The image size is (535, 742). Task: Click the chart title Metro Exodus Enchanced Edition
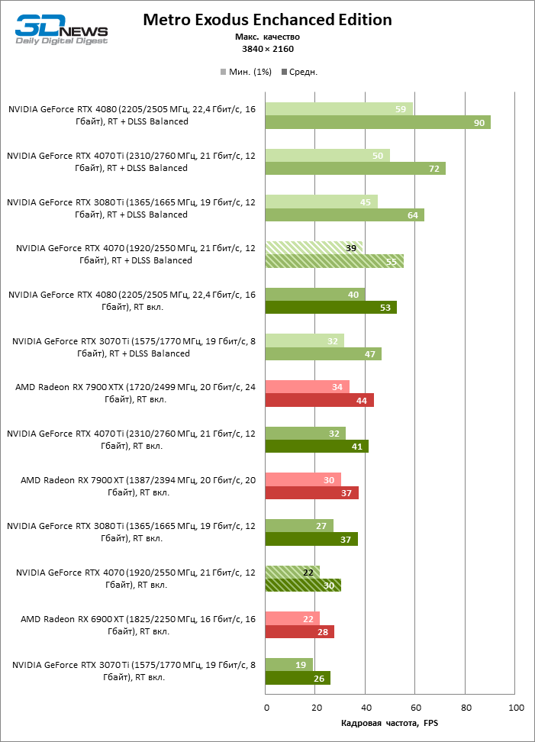coord(267,20)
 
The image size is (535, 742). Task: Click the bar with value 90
coord(377,122)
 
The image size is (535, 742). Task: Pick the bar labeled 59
coord(338,109)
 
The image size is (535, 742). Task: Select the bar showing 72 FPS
coord(355,169)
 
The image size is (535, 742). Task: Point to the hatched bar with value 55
coord(334,261)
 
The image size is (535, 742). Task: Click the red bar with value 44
coord(319,400)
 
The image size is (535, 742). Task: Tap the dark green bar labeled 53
coord(330,308)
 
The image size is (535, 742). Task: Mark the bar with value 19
coord(288,665)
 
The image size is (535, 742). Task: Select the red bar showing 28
coord(299,631)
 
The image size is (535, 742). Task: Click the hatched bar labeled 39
coord(314,248)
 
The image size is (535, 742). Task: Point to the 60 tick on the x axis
coord(416,708)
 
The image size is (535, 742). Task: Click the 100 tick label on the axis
coord(516,708)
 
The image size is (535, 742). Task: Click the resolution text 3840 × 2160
coord(267,49)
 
